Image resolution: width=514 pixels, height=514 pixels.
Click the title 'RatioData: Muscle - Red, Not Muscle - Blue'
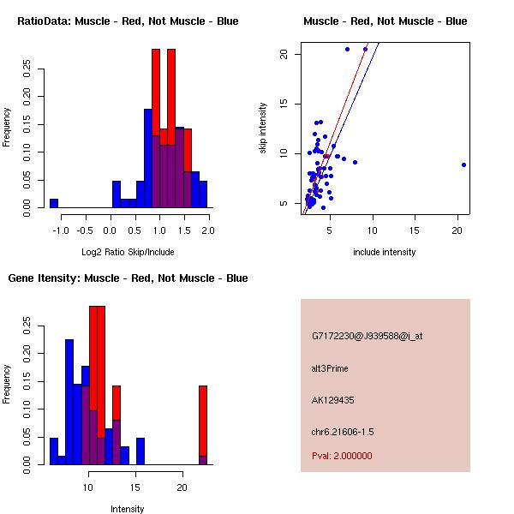point(128,21)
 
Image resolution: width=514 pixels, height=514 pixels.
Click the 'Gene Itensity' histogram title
point(128,278)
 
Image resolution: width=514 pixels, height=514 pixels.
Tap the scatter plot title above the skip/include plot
point(385,21)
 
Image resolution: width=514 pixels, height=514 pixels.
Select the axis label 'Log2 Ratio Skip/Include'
point(128,252)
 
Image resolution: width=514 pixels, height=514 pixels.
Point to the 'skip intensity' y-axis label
point(263,128)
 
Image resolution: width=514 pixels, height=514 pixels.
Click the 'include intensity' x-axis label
point(385,252)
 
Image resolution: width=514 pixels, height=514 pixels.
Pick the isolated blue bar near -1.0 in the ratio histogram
point(53,203)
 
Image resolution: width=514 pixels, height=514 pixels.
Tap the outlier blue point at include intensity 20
point(463,164)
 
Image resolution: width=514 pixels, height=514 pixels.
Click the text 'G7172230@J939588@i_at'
point(367,336)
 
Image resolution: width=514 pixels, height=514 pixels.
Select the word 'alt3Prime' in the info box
point(330,368)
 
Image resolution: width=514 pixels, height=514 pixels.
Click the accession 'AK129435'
point(333,399)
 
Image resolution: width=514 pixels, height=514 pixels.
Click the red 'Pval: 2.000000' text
point(342,456)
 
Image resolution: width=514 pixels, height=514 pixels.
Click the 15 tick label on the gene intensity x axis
point(134,488)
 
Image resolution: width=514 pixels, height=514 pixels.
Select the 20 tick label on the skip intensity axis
point(284,54)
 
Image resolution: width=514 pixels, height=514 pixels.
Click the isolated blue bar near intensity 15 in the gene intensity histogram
point(140,451)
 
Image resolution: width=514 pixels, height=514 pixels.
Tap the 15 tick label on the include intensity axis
point(415,231)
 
